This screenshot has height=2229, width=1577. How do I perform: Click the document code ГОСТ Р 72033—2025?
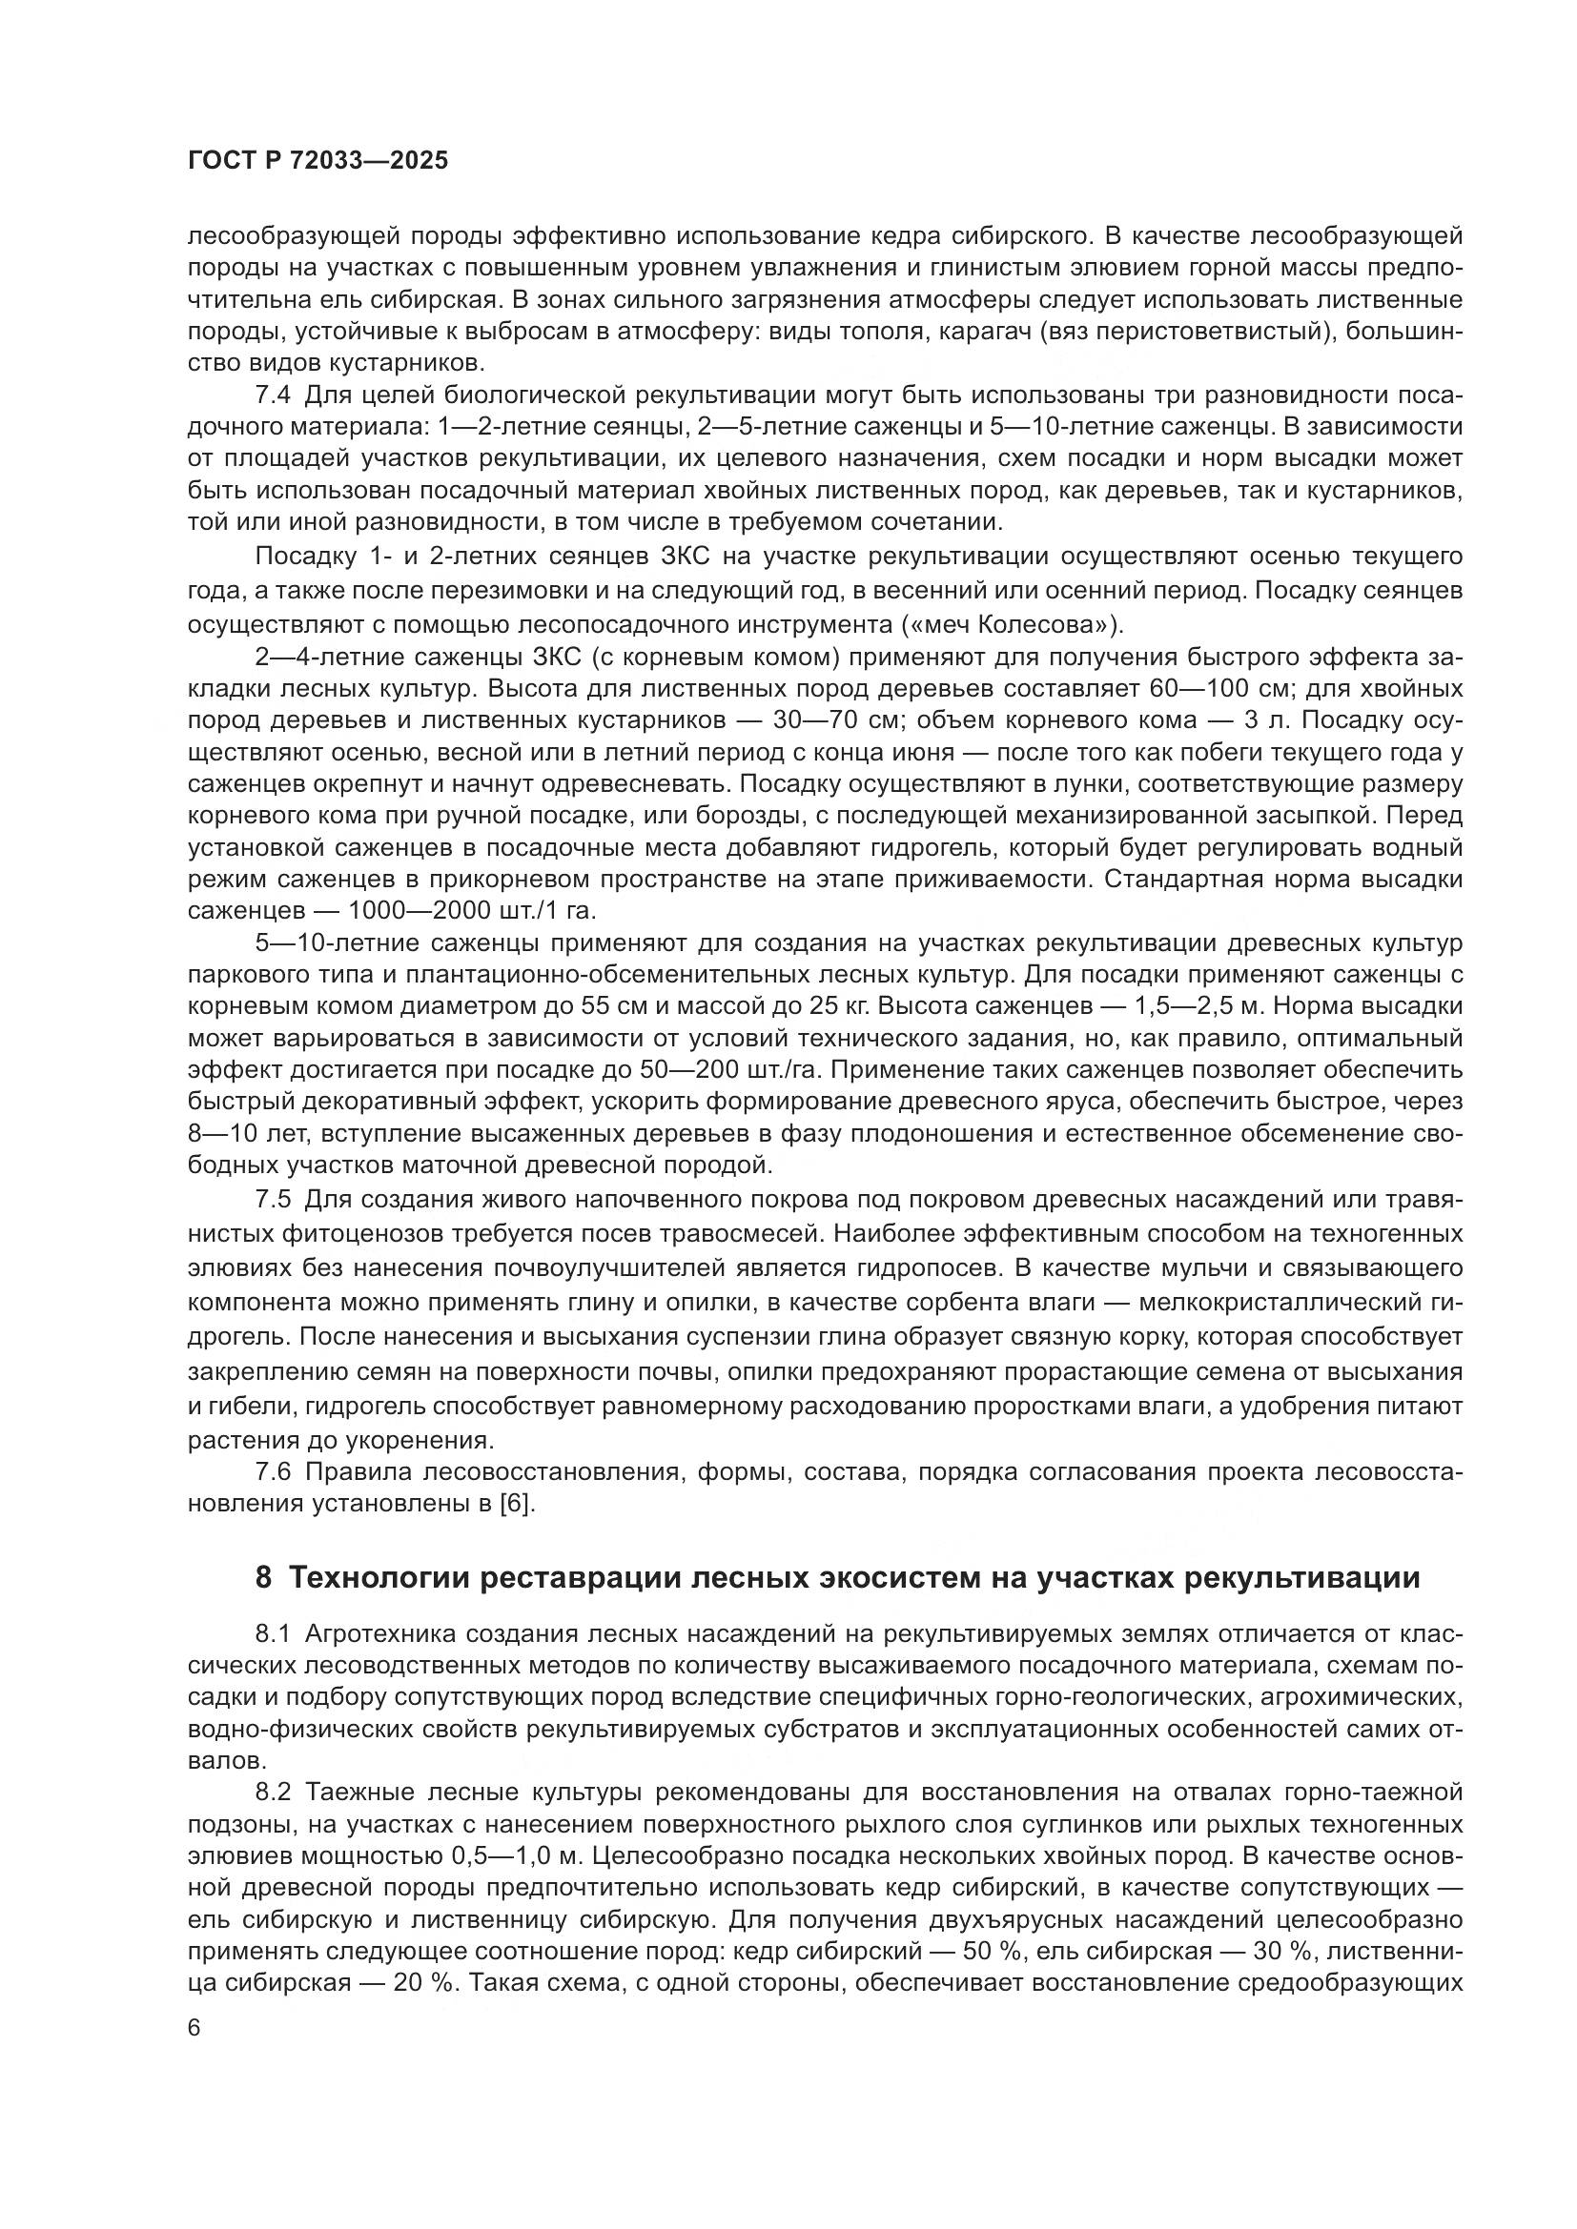[x=317, y=161]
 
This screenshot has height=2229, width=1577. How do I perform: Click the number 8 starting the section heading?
[x=263, y=1577]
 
